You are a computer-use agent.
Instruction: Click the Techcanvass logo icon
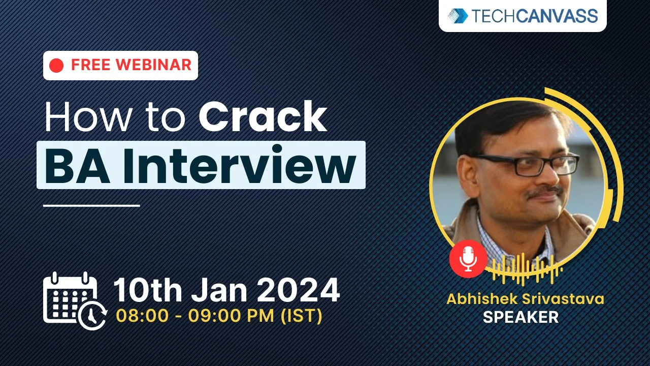[458, 16]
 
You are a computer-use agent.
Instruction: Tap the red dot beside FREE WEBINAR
[57, 66]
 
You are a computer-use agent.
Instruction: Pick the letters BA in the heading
[77, 166]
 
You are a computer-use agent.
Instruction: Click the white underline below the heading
[91, 205]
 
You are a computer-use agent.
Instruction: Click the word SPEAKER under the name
[521, 317]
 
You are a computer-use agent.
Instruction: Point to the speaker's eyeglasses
[528, 164]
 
